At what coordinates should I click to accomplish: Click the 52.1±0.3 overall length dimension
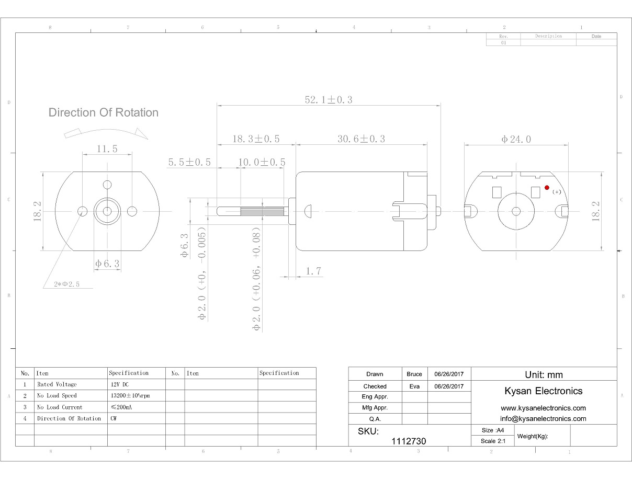[x=329, y=99]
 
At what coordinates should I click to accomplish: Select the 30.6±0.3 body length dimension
[x=361, y=139]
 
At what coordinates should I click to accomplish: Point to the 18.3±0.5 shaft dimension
[x=256, y=139]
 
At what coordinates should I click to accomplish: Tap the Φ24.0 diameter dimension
[x=516, y=139]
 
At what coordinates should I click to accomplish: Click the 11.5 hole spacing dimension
[x=107, y=149]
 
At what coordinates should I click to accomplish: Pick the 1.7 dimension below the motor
[x=313, y=271]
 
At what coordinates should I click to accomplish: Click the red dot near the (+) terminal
[x=547, y=187]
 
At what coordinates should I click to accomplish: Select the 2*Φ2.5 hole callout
[x=66, y=284]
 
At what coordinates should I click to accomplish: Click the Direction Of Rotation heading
[x=103, y=112]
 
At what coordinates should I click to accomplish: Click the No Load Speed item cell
[x=57, y=396]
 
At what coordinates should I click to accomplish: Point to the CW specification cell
[x=114, y=418]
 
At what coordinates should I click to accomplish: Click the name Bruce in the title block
[x=414, y=374]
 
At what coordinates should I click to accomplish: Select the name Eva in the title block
[x=414, y=386]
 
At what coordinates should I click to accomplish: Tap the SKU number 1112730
[x=409, y=441]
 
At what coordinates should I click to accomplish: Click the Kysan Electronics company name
[x=543, y=391]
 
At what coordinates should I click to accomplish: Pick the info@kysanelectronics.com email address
[x=543, y=418]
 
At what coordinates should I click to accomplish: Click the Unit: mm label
[x=544, y=374]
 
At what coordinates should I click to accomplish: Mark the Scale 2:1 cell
[x=492, y=441]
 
